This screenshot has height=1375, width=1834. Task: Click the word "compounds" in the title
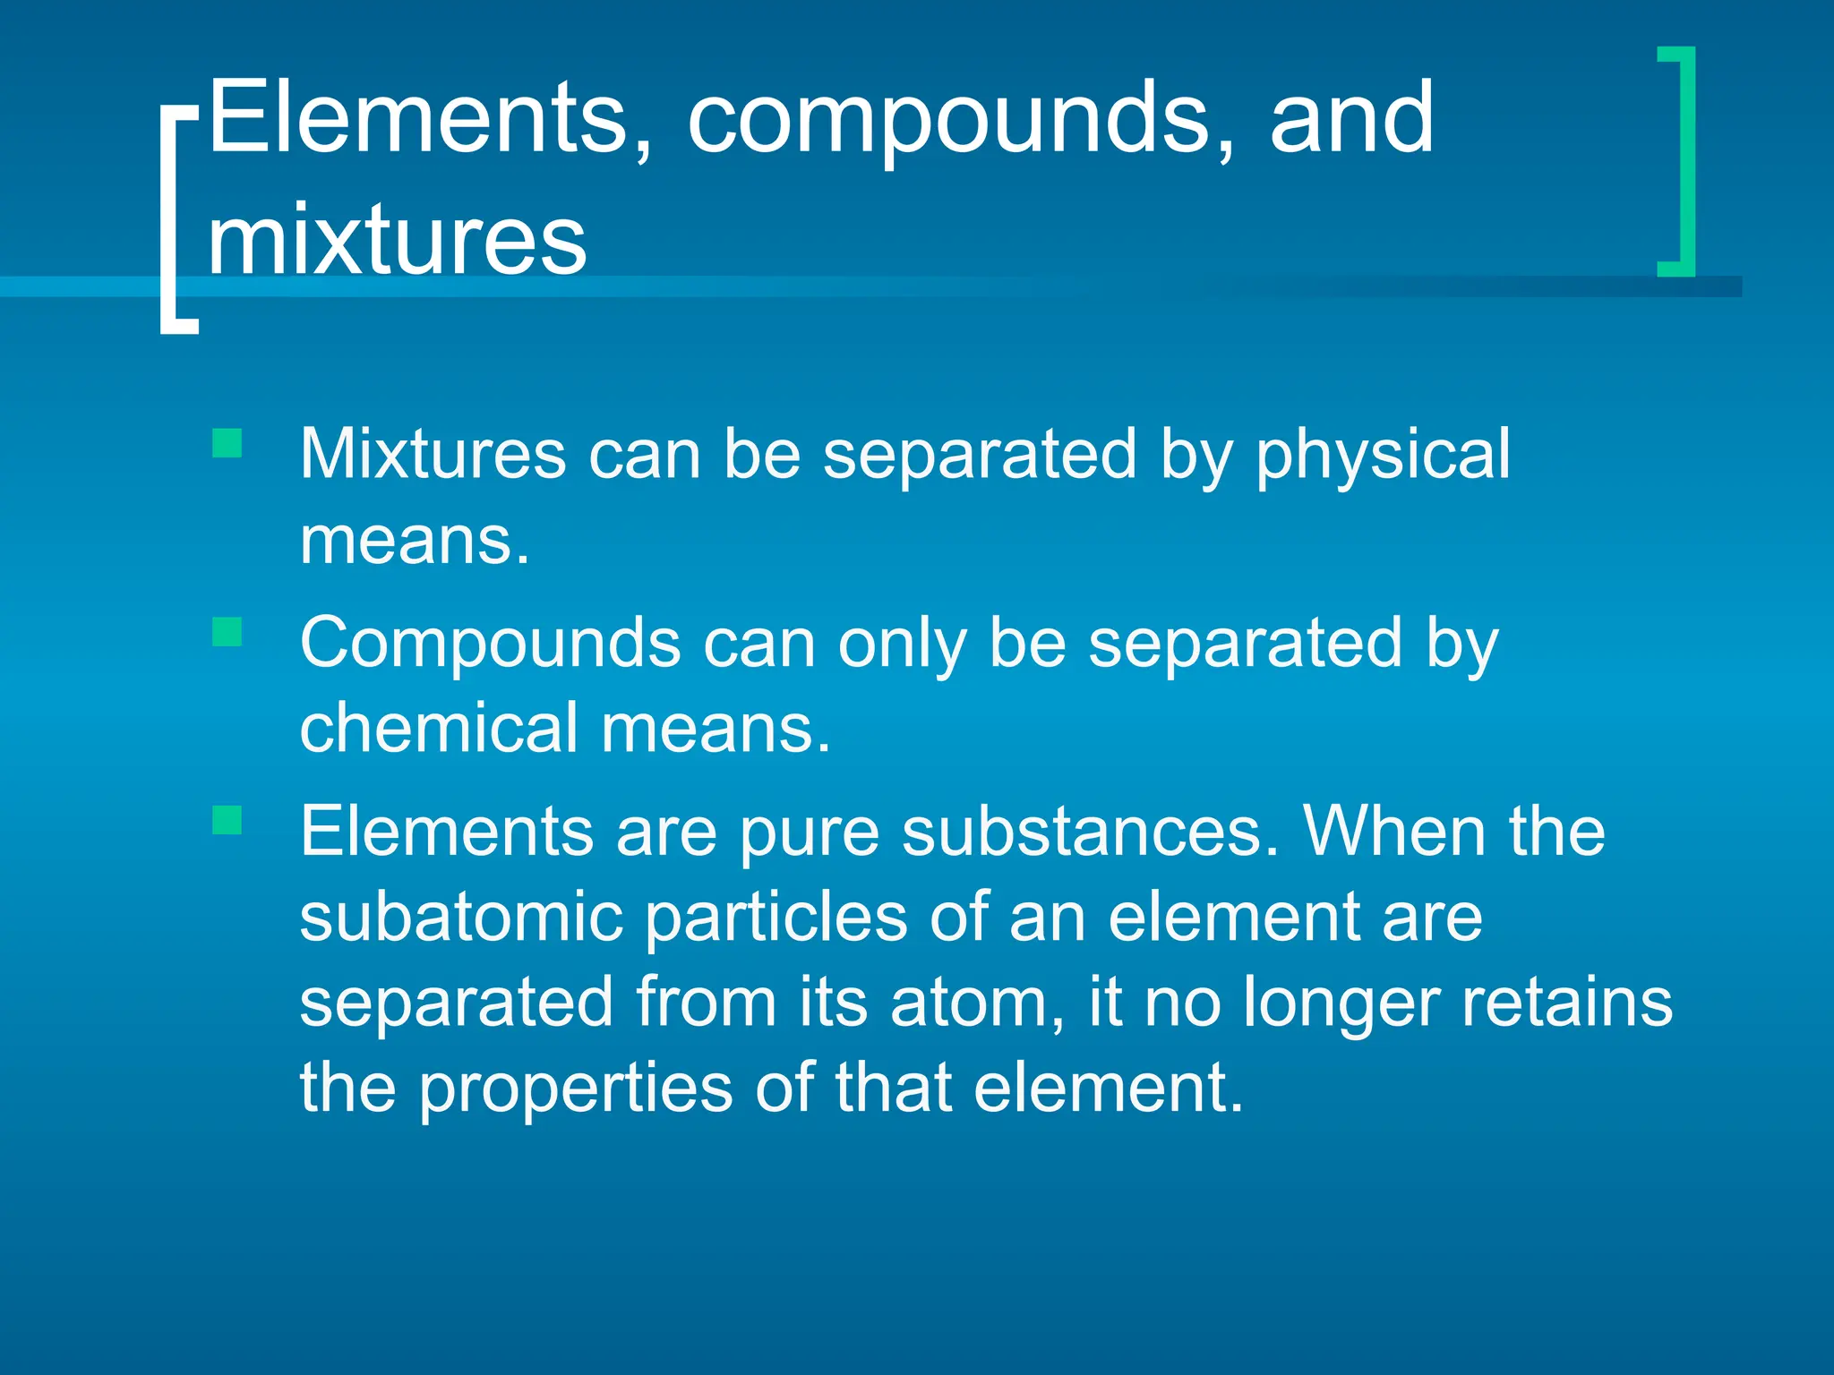(x=949, y=121)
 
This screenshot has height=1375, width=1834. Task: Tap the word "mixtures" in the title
(x=397, y=240)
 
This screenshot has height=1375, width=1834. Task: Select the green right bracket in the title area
(x=1680, y=161)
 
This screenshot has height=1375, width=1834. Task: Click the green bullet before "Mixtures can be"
(x=227, y=443)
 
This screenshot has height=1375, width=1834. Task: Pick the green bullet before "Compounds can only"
(x=227, y=632)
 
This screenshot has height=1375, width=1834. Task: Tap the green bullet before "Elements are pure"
(x=227, y=820)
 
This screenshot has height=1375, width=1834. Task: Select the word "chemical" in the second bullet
(x=439, y=728)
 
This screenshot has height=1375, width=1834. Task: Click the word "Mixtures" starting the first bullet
(x=433, y=455)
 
